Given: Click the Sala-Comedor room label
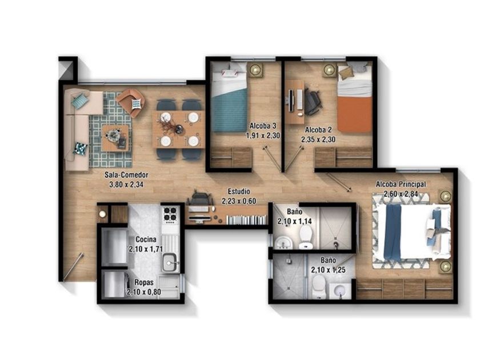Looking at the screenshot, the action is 126,175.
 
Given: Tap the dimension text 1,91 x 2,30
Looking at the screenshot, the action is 263,135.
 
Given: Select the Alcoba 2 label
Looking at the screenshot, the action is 318,130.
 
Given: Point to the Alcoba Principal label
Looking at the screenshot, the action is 401,184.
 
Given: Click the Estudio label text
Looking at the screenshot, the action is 239,191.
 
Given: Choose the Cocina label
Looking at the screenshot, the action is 146,239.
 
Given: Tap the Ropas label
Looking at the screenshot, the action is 144,282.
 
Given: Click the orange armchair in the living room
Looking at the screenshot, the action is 131,102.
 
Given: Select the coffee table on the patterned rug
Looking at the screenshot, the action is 115,138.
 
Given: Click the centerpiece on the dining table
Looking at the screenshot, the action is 169,126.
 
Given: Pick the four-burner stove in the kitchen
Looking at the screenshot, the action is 170,214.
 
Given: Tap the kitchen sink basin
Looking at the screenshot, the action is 170,262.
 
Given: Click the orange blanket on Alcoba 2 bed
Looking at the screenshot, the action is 354,114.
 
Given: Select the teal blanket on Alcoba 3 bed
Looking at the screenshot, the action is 230,110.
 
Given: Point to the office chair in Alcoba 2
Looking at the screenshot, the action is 312,102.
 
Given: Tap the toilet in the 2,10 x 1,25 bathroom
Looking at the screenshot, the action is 319,286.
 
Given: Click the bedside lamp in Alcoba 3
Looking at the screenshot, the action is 255,70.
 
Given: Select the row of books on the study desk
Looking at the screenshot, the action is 246,219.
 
